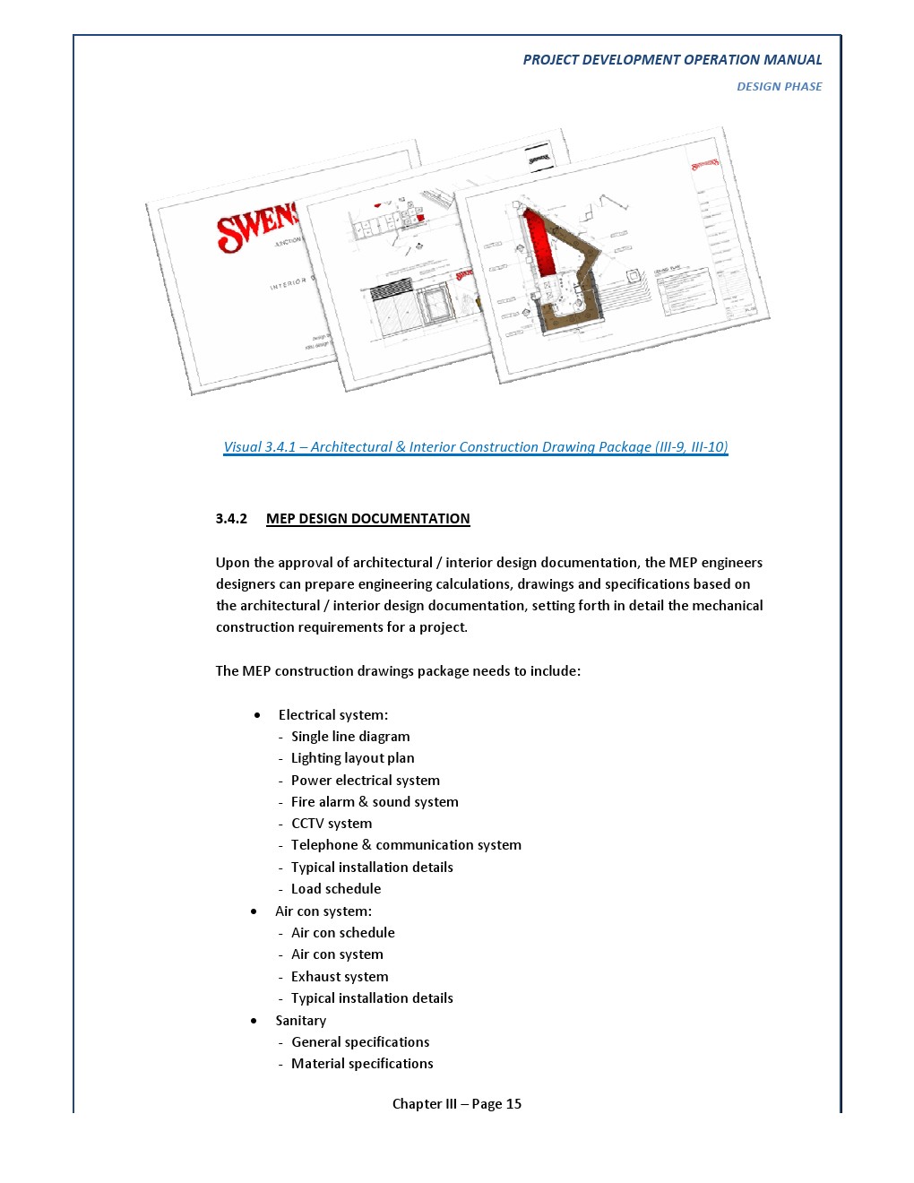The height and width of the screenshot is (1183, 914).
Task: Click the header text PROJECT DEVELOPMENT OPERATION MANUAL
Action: click(x=672, y=60)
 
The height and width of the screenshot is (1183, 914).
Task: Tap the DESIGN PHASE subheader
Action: click(x=779, y=87)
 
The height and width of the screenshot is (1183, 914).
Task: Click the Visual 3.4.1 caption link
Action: click(x=475, y=447)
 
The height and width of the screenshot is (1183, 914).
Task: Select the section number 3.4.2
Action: click(x=231, y=519)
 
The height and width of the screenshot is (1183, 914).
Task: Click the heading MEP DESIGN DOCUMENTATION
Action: click(x=367, y=519)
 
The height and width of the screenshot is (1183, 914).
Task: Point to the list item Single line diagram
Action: click(x=350, y=737)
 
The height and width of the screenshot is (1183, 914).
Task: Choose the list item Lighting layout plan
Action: click(x=352, y=758)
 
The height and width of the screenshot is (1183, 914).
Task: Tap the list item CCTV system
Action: click(x=332, y=824)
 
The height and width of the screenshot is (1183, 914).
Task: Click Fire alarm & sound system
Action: click(x=375, y=802)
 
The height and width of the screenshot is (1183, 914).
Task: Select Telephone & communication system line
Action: click(x=406, y=845)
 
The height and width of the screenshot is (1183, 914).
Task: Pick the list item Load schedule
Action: click(x=336, y=889)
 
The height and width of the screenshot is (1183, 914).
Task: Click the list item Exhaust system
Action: click(x=340, y=977)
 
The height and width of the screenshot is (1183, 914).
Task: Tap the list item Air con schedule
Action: click(x=342, y=933)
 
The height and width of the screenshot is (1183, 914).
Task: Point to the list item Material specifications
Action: click(x=362, y=1064)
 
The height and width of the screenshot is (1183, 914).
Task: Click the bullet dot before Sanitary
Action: click(x=254, y=1021)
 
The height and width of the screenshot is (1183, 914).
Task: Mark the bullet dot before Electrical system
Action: click(x=258, y=715)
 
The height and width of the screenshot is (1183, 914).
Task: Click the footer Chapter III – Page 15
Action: click(x=457, y=1104)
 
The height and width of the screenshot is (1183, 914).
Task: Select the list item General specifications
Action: click(x=360, y=1042)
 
